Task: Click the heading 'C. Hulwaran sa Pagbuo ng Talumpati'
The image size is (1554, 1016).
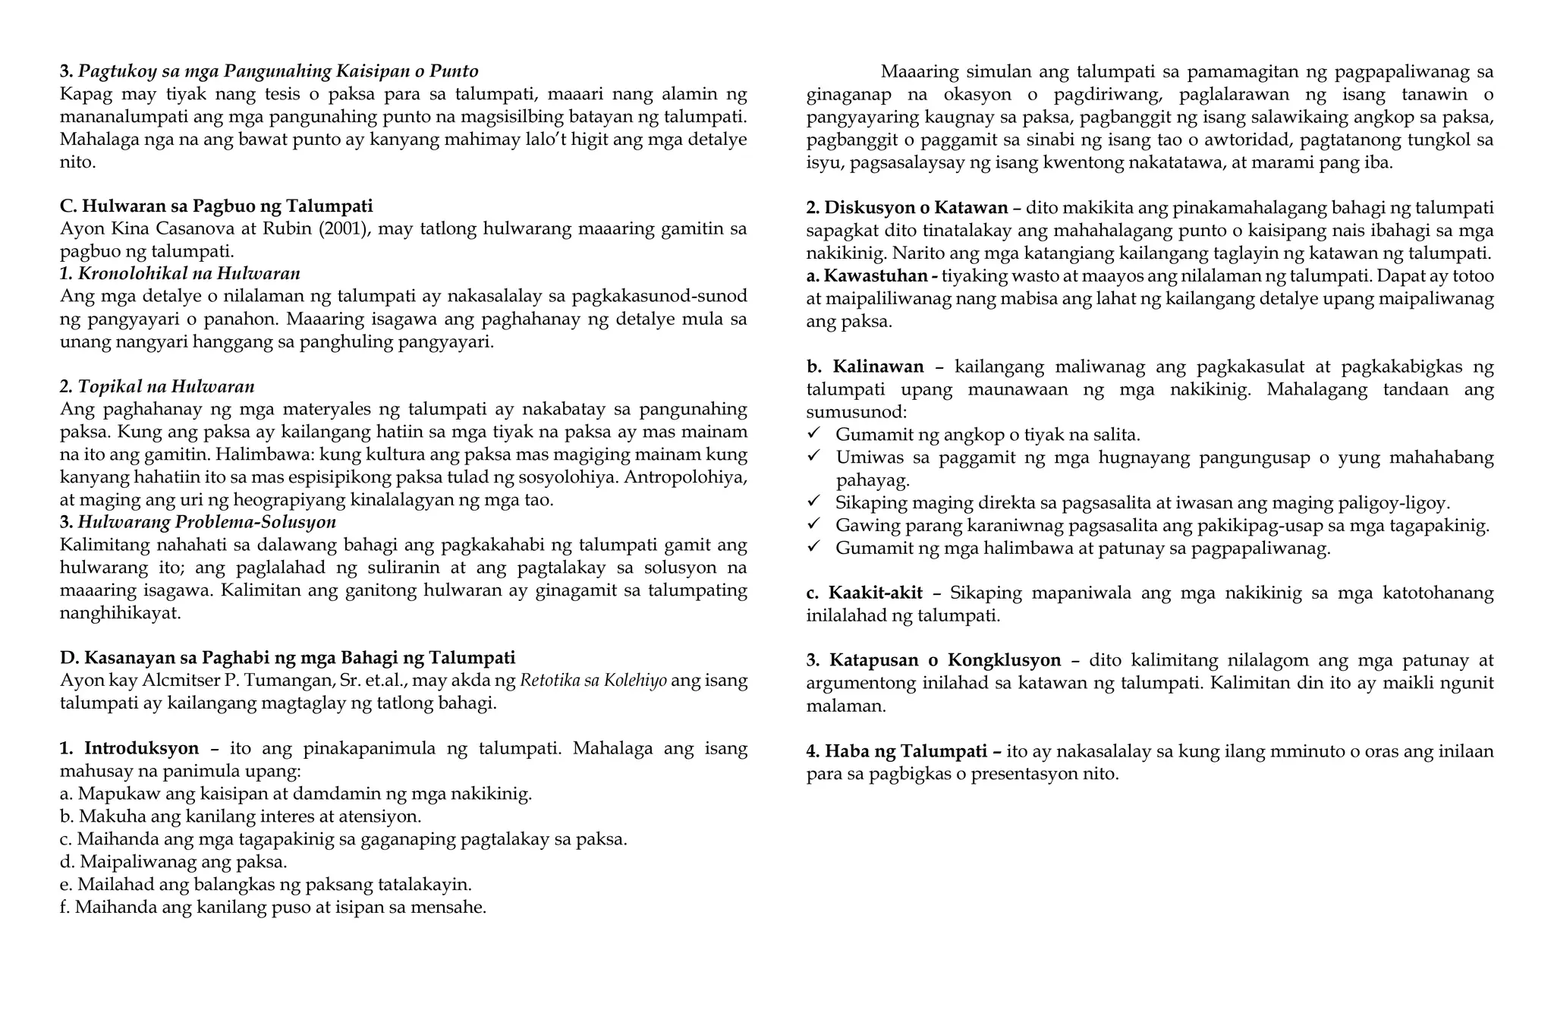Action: point(216,206)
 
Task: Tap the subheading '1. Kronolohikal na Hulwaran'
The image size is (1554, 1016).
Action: point(180,273)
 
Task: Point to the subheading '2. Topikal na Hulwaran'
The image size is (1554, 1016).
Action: point(157,387)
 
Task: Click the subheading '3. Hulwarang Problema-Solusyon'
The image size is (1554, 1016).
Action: point(197,522)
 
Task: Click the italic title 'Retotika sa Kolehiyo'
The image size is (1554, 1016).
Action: point(593,680)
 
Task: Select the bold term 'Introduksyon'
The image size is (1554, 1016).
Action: point(141,749)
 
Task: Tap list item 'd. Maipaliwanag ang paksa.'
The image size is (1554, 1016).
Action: point(174,862)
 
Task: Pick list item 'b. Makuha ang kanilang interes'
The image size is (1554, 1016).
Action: point(241,816)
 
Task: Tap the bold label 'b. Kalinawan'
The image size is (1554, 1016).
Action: point(865,367)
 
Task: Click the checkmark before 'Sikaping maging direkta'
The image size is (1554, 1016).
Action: point(814,502)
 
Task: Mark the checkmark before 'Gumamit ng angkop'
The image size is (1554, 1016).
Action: point(814,433)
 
